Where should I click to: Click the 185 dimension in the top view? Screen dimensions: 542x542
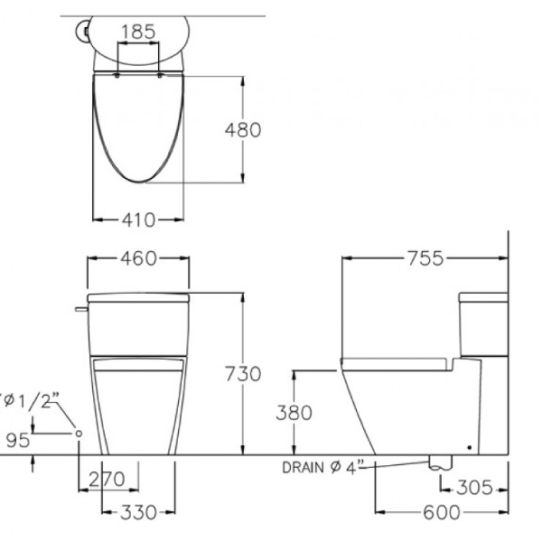[x=137, y=32]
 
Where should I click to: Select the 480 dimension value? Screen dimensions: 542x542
[x=242, y=129]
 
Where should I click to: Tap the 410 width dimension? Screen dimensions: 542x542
[x=138, y=219]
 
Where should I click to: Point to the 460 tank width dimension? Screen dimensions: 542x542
[x=138, y=258]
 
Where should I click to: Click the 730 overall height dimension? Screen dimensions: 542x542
[x=242, y=373]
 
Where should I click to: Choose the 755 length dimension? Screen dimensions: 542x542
[x=425, y=258]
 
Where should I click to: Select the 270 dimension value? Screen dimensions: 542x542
[x=108, y=479]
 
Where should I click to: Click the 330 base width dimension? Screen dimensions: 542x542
[x=138, y=513]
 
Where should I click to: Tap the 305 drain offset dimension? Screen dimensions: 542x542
[x=475, y=489]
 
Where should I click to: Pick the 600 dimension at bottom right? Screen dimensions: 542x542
[x=440, y=513]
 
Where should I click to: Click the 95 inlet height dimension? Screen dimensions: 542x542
[x=17, y=440]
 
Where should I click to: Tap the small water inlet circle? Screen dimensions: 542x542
[x=79, y=435]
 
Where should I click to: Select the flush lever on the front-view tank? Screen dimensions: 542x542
[x=81, y=310]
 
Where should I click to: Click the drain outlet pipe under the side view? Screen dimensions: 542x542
[x=439, y=462]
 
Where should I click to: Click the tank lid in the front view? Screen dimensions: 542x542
[x=138, y=295]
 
